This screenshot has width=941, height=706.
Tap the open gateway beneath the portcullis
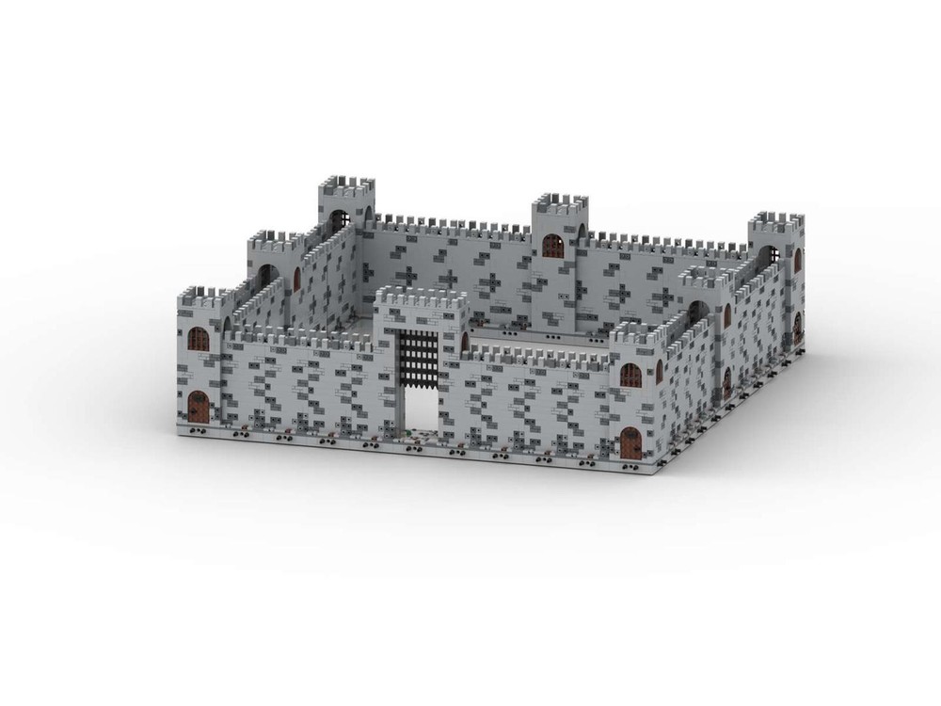[422, 407]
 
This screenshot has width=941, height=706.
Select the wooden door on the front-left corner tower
[199, 407]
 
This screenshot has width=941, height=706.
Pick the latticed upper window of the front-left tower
[199, 340]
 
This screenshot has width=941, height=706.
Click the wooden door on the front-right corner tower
[630, 441]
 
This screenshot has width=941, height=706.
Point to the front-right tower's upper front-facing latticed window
[630, 376]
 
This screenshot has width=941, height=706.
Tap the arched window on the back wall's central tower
[553, 246]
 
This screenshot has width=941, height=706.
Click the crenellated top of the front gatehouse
[421, 299]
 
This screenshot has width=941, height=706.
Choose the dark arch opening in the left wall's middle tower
[267, 274]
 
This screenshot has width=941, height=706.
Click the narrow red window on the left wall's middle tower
[296, 279]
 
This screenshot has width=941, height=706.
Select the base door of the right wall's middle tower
[726, 381]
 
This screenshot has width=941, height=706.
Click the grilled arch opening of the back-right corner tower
[769, 256]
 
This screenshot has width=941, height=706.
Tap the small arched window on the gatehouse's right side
[464, 341]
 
